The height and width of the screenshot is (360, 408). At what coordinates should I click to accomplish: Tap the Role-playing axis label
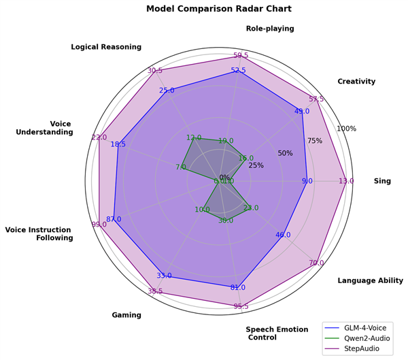tap(270, 29)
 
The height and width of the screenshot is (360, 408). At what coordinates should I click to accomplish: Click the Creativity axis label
tap(356, 82)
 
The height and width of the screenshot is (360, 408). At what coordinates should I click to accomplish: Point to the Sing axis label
tap(382, 181)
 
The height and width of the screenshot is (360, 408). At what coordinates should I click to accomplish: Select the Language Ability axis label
tap(370, 280)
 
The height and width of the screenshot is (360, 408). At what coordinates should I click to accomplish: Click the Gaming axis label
tap(126, 315)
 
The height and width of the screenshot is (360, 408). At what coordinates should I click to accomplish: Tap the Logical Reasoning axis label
tap(106, 47)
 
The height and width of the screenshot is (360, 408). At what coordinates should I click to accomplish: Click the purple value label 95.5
tap(241, 306)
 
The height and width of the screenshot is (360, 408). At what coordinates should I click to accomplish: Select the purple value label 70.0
tap(316, 263)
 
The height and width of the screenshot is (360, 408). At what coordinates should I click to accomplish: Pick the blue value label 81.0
tap(238, 287)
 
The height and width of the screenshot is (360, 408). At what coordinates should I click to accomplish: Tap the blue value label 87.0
tap(114, 219)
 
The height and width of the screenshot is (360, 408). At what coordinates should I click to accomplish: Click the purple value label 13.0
tap(346, 181)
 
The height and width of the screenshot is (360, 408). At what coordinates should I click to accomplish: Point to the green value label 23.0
tap(251, 208)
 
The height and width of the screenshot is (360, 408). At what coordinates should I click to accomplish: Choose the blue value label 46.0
tap(283, 235)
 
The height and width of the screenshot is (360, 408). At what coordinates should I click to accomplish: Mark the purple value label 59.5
tap(241, 56)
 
